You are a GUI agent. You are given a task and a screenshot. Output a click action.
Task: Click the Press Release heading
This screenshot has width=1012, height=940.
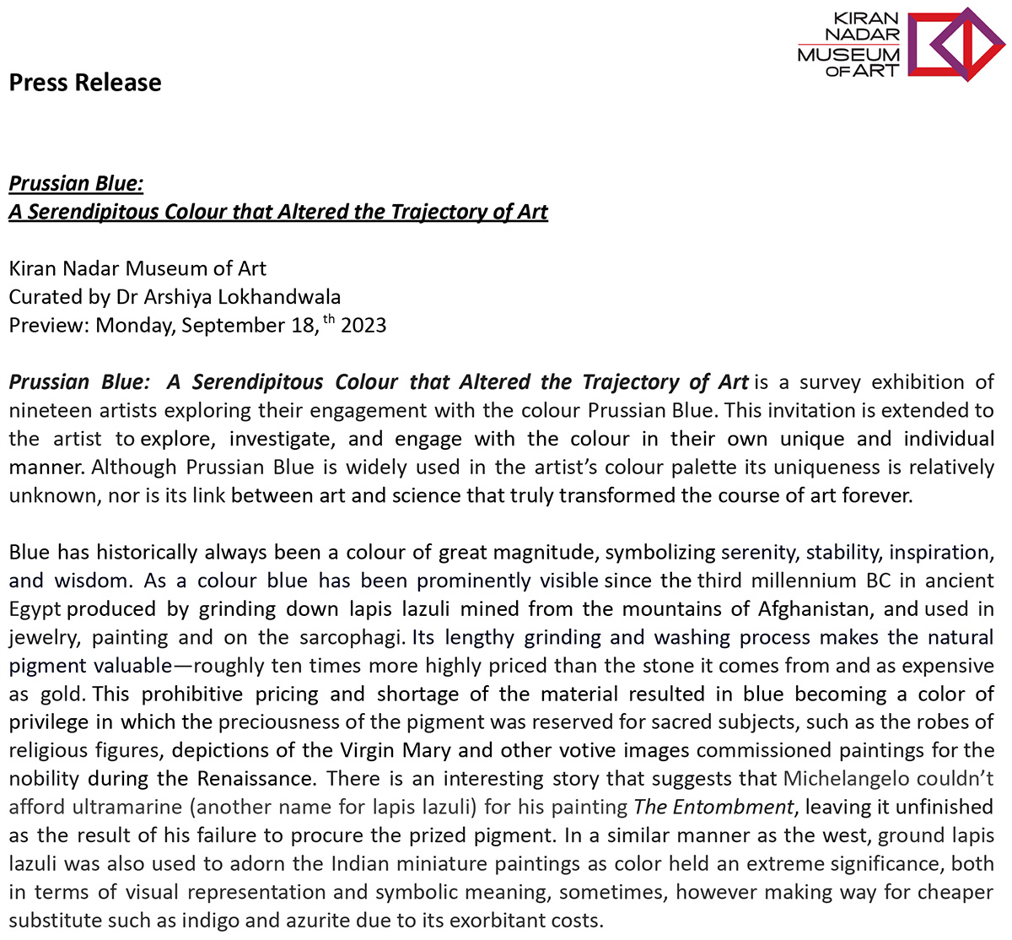click(85, 83)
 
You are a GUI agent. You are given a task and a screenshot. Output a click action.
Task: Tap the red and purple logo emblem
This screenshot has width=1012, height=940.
click(955, 44)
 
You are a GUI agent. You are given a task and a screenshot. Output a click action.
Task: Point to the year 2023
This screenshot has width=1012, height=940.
click(363, 326)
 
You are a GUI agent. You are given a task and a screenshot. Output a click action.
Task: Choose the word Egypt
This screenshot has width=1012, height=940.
click(35, 608)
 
